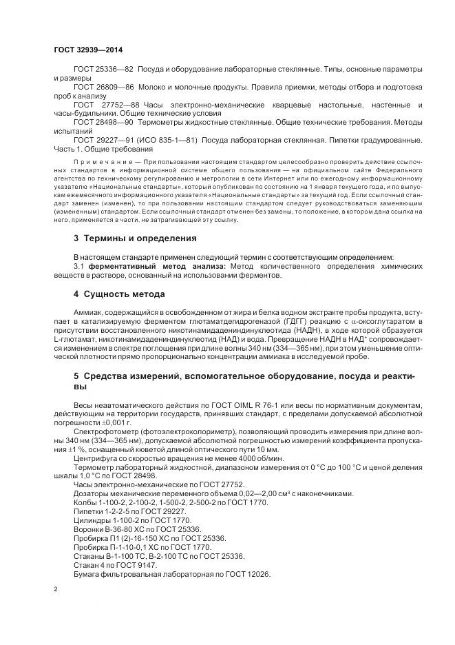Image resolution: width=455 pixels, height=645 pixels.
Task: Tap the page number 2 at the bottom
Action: [x=56, y=589]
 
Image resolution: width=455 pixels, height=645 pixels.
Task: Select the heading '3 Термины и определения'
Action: [x=135, y=238]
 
